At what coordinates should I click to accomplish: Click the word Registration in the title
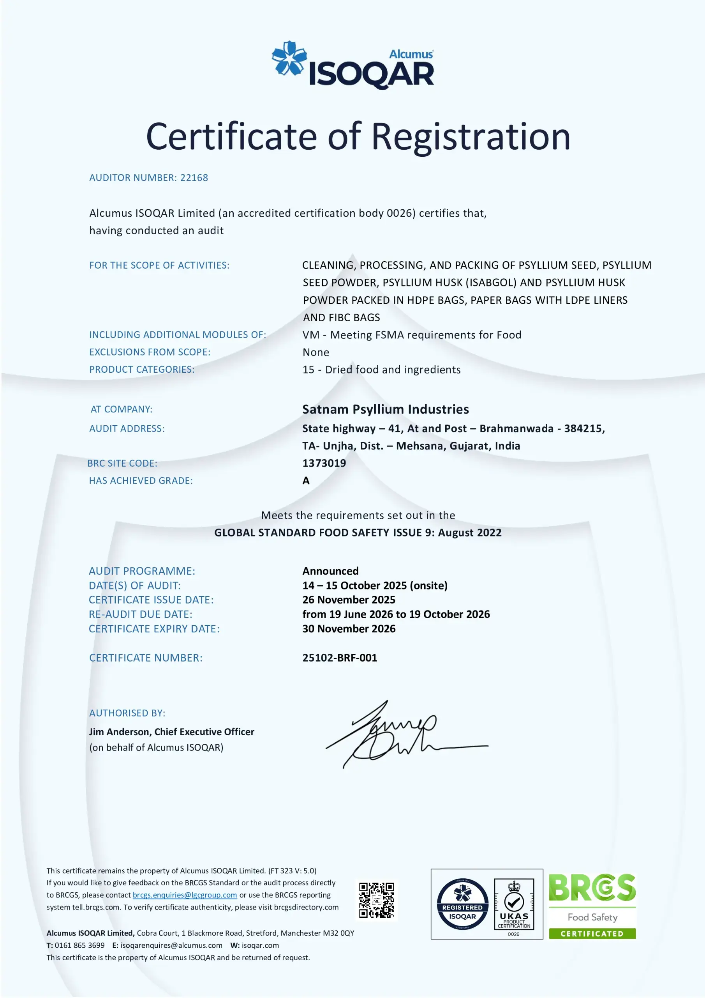click(471, 136)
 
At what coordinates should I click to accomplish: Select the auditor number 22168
click(194, 178)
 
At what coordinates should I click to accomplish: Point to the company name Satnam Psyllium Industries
click(385, 409)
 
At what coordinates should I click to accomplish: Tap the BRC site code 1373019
click(324, 464)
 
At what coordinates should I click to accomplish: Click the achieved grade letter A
click(306, 481)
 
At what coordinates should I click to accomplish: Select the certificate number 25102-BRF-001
click(340, 658)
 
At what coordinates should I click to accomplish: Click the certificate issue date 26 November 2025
click(349, 600)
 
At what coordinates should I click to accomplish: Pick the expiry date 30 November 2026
click(349, 629)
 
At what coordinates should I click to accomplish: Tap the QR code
click(376, 900)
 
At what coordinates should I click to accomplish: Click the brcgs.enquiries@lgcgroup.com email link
click(185, 895)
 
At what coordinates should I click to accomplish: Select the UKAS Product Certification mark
click(514, 904)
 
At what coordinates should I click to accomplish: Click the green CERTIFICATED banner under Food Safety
click(592, 934)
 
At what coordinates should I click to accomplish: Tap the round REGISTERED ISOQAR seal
click(462, 904)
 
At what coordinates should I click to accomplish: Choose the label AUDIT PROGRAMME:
click(142, 571)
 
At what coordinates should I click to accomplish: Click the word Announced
click(331, 571)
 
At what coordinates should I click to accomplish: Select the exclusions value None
click(316, 352)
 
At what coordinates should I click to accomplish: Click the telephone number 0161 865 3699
click(79, 945)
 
